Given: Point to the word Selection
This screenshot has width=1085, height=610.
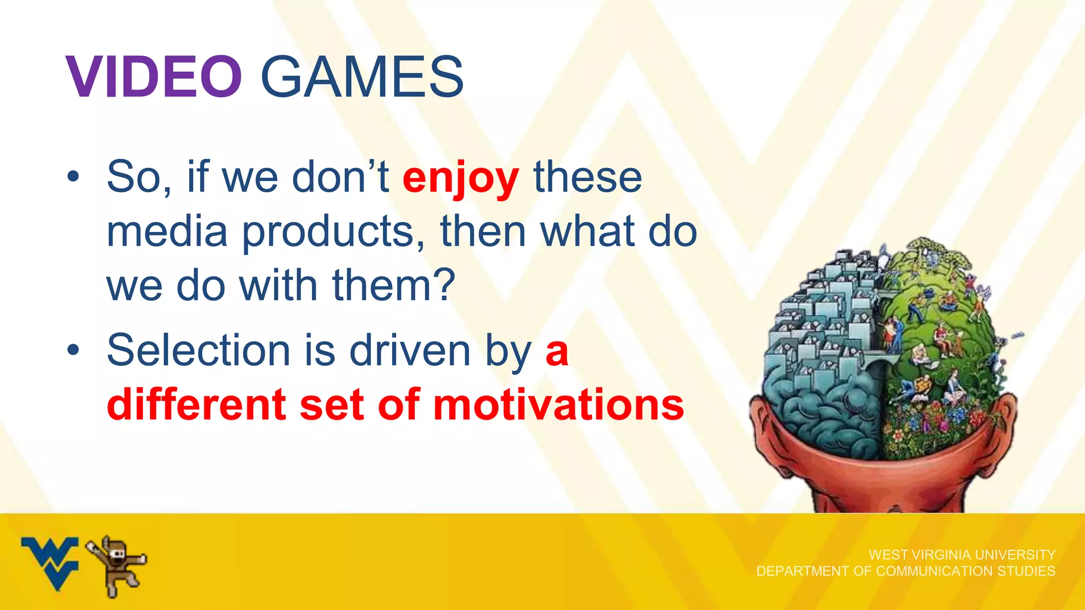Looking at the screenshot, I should pos(198,350).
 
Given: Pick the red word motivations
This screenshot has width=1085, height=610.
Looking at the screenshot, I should pos(558,405).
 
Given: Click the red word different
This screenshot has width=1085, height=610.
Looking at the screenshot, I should pos(197,405).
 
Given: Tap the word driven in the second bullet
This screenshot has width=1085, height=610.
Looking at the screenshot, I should pos(410,350).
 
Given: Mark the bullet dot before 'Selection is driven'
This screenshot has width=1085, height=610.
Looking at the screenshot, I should pos(73,349).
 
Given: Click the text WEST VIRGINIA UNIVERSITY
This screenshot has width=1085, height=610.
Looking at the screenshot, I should pos(962,554).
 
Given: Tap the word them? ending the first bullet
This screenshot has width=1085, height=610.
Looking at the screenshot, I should pos(394,285).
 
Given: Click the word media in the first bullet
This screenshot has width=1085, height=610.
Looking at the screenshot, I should pos(167,232).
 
